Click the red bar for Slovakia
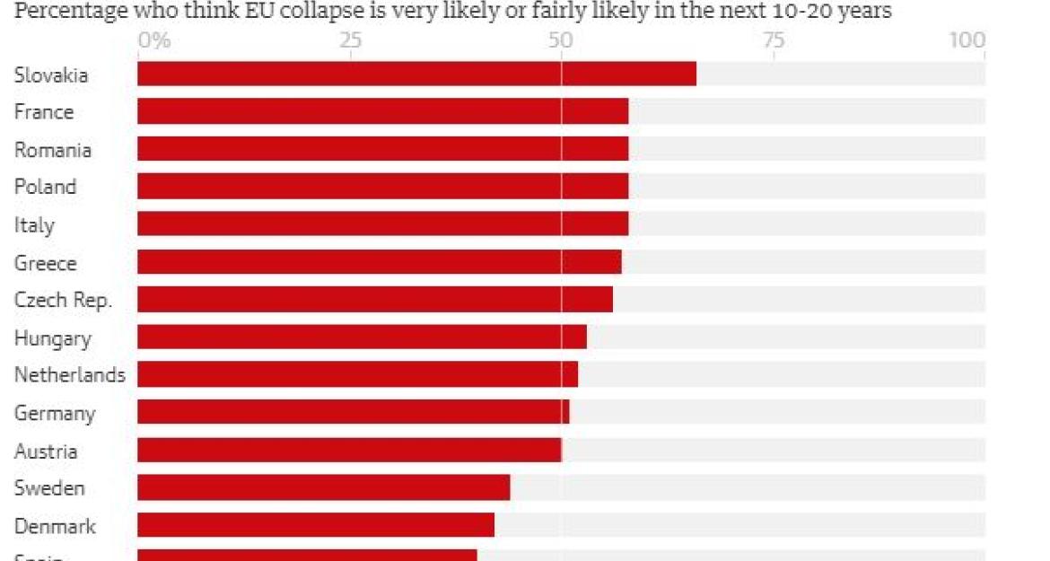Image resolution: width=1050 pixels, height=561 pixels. point(416,74)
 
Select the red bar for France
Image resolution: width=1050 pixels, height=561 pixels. point(382,111)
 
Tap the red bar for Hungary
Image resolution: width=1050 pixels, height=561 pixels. point(362,337)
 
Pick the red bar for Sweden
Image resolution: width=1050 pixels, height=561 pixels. point(323,487)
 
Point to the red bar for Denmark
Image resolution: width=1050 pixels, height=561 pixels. point(316,525)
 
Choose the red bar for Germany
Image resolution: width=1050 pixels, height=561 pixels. point(353,412)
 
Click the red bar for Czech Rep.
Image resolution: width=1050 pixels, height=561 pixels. point(375,299)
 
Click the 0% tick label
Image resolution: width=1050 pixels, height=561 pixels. point(153,41)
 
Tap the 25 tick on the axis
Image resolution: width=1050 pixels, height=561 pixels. point(350,41)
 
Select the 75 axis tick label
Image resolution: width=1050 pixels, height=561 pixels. point(773,41)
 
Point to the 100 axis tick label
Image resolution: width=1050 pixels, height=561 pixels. point(969,41)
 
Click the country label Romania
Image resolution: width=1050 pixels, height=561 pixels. point(52,150)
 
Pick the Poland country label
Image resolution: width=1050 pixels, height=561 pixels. point(45,188)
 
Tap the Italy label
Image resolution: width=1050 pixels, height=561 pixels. point(34,225)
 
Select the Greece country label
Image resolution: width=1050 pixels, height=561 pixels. point(45,263)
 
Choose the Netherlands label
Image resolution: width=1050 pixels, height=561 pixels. point(70,375)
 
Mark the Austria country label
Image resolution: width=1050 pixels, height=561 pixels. point(45,451)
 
